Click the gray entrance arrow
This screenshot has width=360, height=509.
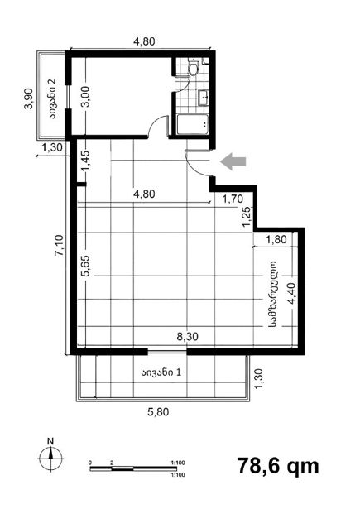[233, 161]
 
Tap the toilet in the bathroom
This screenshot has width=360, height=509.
[193, 68]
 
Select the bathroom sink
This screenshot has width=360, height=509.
[204, 98]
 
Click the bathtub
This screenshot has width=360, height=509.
[192, 124]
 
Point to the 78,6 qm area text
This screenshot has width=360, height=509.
[278, 466]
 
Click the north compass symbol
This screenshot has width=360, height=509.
[50, 459]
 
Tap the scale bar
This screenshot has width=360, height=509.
[133, 468]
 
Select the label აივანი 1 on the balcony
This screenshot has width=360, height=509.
[161, 372]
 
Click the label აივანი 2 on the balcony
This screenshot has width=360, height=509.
[53, 99]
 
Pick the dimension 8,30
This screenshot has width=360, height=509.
[187, 337]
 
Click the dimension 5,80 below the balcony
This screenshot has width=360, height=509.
[158, 412]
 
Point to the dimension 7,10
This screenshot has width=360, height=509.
[60, 246]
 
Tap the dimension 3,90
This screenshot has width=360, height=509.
[29, 98]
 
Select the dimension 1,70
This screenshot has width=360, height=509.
[233, 199]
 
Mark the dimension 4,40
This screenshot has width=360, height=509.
[292, 294]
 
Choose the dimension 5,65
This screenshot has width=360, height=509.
[87, 266]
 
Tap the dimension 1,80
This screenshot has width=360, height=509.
[276, 240]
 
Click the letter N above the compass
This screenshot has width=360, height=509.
[50, 441]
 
